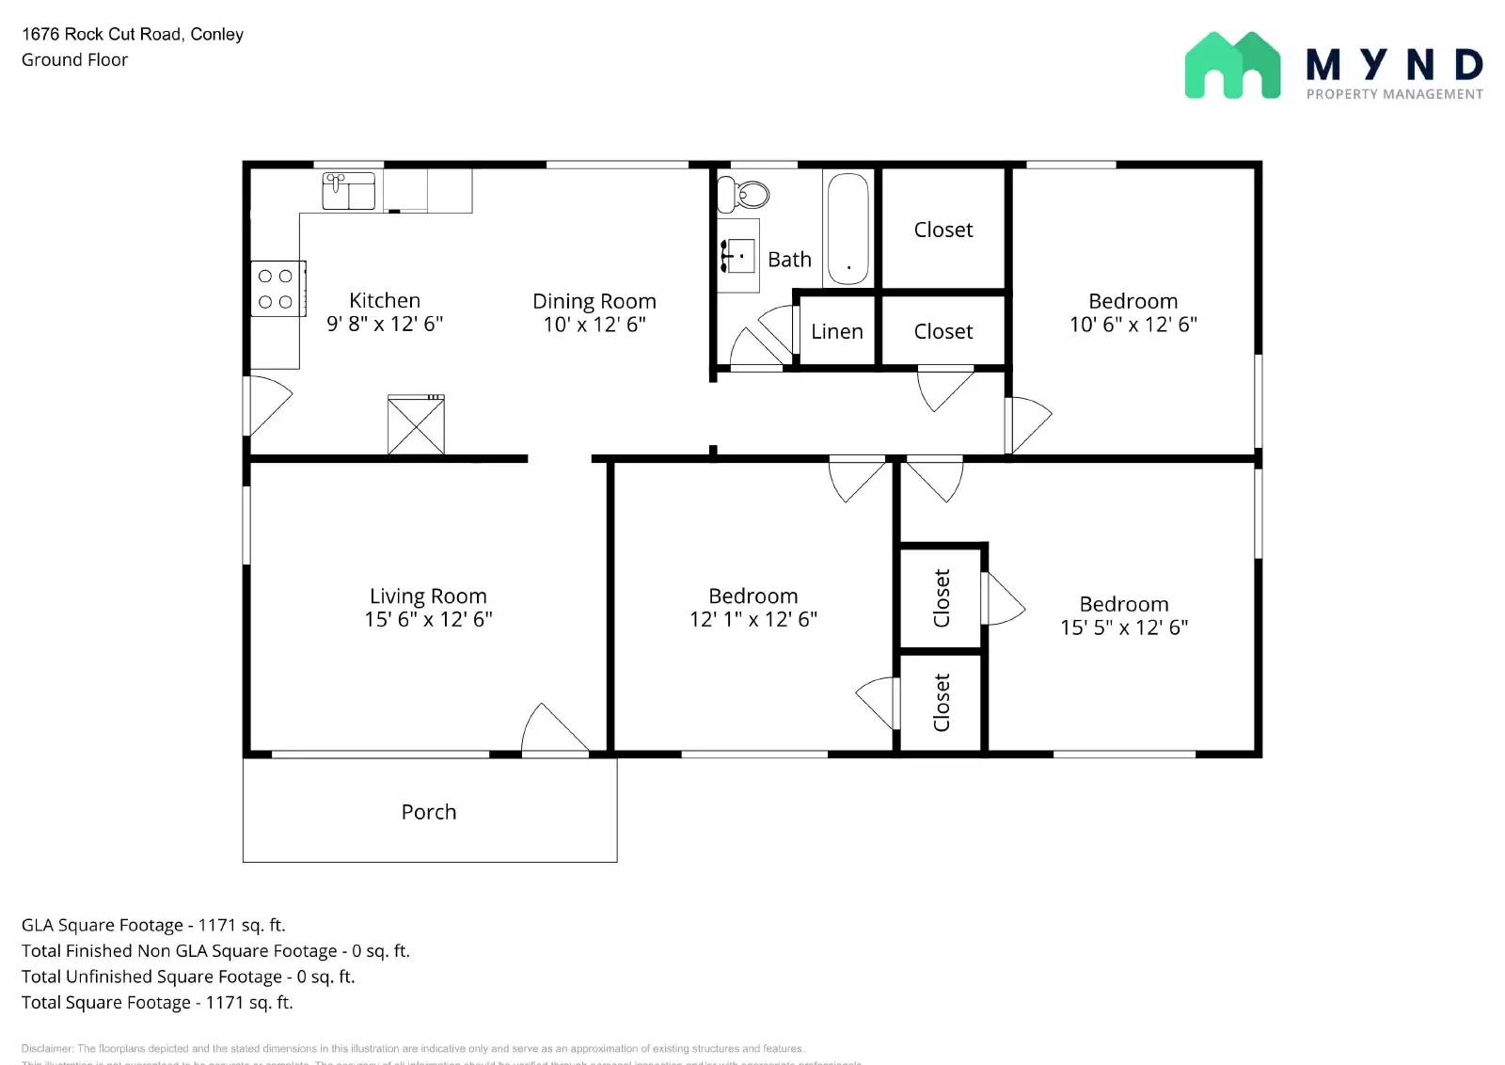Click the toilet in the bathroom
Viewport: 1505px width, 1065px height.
(743, 195)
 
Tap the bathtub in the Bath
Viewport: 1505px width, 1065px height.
(848, 229)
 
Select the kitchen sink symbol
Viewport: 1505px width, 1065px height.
(349, 190)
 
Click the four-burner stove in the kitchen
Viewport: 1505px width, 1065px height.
(277, 289)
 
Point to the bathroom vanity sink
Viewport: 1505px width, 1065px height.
(738, 256)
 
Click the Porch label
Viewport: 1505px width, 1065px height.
(429, 812)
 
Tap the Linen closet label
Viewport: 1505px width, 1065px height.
(837, 332)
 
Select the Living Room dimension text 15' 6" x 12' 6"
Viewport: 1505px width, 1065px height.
(428, 620)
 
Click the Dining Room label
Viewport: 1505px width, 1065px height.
(594, 301)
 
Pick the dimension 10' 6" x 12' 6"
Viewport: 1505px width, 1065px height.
(1133, 325)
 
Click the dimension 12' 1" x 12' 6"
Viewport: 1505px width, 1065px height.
(753, 620)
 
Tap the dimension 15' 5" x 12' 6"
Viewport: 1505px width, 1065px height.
(1124, 628)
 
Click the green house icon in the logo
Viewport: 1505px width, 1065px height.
(1232, 66)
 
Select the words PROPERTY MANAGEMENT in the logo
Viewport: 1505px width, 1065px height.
(1394, 94)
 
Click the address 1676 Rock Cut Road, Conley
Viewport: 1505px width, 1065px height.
(133, 35)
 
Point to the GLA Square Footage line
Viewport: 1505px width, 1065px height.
(153, 926)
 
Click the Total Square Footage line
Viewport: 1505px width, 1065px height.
(157, 1003)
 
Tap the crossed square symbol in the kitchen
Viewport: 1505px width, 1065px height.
(416, 425)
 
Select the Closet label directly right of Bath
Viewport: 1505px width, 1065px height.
(943, 230)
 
